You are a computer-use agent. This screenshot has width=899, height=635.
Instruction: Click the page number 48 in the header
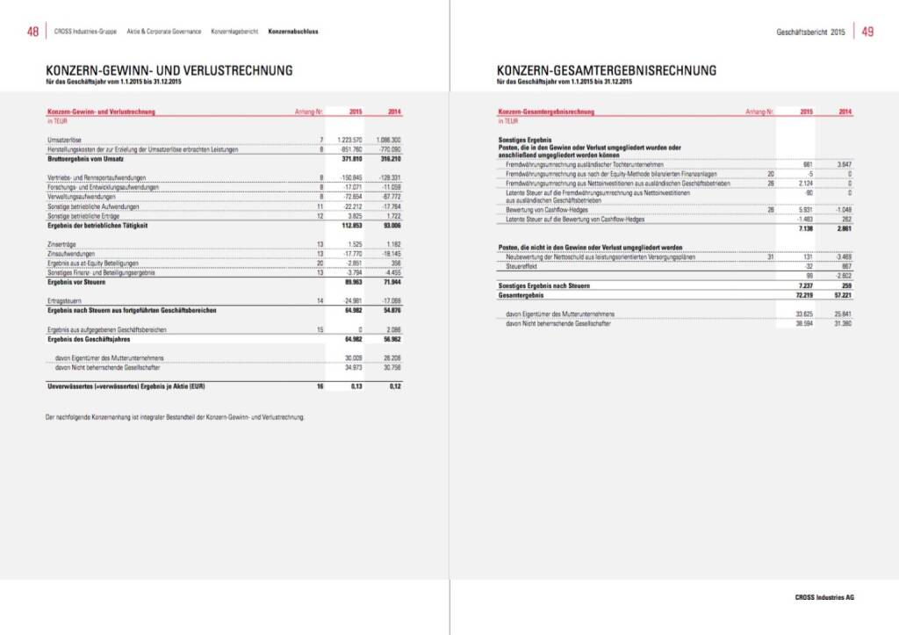(x=32, y=32)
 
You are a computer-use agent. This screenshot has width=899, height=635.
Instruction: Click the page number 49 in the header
(x=867, y=32)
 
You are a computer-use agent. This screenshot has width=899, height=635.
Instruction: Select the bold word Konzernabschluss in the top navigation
(x=293, y=32)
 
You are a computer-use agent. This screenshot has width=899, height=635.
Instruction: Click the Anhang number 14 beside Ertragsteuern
(x=321, y=300)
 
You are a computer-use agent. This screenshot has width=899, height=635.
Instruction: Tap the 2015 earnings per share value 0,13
(x=356, y=386)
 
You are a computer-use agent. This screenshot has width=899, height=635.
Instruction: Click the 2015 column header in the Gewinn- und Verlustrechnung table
(x=356, y=112)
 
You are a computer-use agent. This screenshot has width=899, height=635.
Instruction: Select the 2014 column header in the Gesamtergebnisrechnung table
(x=845, y=112)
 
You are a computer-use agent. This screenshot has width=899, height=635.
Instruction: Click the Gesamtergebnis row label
(x=519, y=296)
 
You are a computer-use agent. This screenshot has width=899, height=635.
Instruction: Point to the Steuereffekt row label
(x=521, y=266)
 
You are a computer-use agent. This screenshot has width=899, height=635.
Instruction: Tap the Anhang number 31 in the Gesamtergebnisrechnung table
(x=770, y=256)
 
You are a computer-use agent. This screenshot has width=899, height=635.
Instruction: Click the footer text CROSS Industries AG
(x=818, y=597)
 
